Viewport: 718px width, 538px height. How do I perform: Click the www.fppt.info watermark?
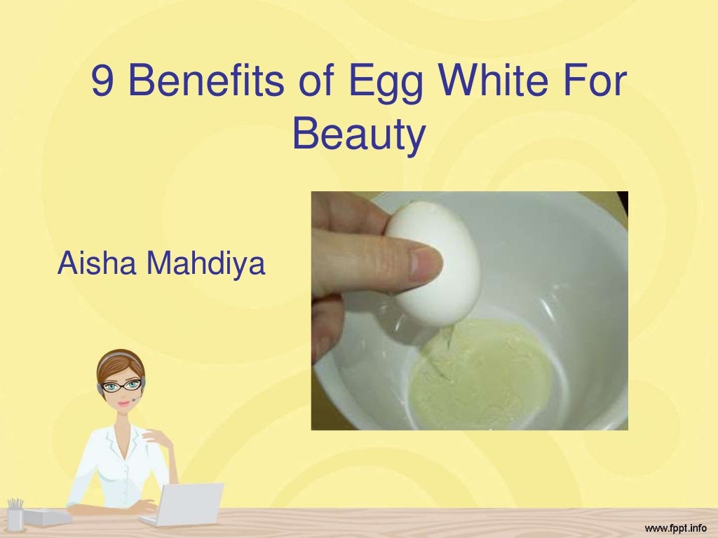[x=676, y=525]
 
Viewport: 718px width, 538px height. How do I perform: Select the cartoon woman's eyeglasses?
[x=122, y=385]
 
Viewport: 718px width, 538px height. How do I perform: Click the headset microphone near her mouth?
[x=133, y=401]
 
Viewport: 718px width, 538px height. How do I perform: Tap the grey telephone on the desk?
[x=48, y=517]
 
